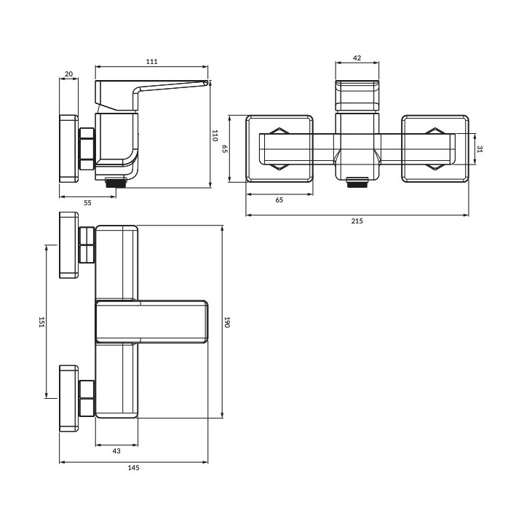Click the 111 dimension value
tap(151, 61)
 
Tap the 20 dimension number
tap(68, 74)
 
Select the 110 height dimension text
tap(215, 135)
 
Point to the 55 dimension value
tap(87, 202)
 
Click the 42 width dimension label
tap(357, 57)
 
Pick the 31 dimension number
tap(480, 149)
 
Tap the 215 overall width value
tap(357, 221)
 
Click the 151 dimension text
tap(41, 322)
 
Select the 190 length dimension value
tap(227, 322)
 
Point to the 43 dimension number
tap(116, 450)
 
